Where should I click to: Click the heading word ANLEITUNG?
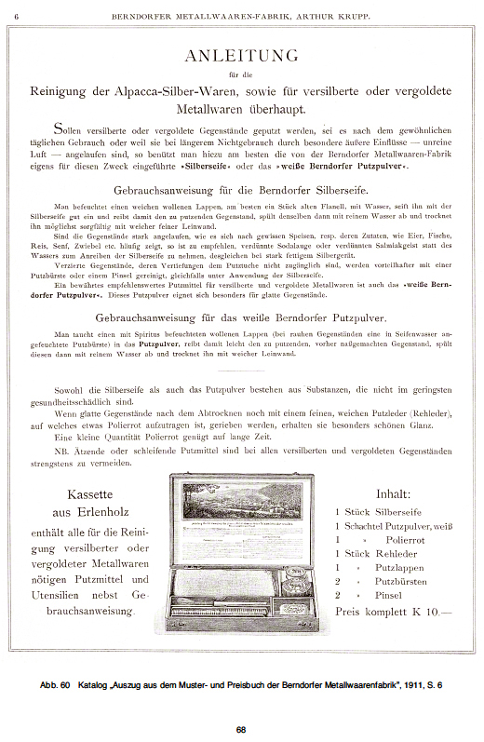241,56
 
